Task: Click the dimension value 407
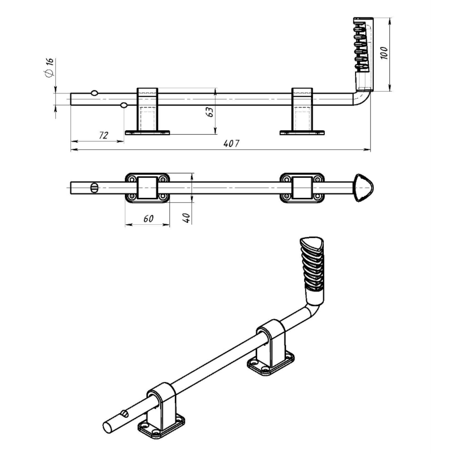coord(231,143)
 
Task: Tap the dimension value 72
coord(104,135)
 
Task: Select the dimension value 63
coord(210,112)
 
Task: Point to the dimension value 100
coord(384,53)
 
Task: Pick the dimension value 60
coord(148,218)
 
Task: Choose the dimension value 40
coord(186,218)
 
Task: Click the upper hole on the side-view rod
coord(94,93)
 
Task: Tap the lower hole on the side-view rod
coord(123,105)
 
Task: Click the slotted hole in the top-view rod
coord(94,188)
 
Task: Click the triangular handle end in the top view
coord(363,188)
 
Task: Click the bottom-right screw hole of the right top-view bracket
coord(318,196)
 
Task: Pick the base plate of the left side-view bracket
coord(147,133)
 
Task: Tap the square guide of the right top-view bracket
coord(302,188)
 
